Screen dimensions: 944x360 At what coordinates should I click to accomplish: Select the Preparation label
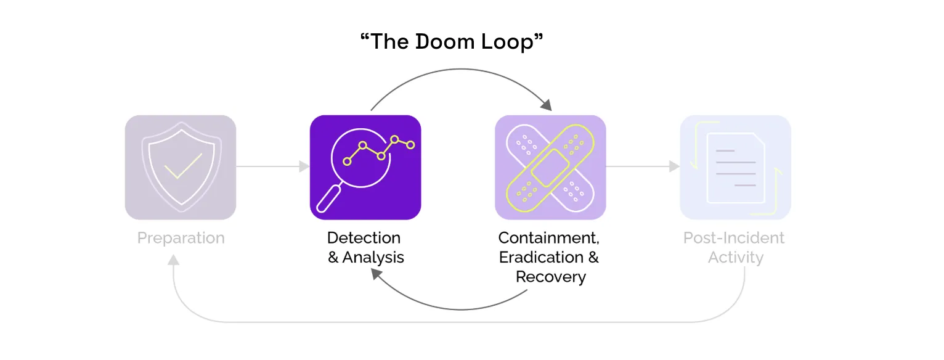pos(181,239)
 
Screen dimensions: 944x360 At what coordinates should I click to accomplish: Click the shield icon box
pos(181,167)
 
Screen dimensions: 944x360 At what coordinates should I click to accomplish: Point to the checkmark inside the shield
pos(183,166)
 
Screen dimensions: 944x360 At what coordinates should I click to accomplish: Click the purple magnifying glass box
pos(365,167)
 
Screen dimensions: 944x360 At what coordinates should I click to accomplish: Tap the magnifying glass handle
pos(328,199)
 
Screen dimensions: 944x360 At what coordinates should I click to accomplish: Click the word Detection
pos(364,238)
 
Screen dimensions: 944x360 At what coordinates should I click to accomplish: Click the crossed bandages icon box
pos(550,167)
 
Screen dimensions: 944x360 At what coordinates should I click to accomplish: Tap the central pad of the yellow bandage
pos(550,168)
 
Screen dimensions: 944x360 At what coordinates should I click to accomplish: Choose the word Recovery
pos(551,277)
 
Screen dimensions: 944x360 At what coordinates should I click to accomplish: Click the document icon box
pos(735,167)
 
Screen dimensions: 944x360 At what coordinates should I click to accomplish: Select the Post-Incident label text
pos(734,238)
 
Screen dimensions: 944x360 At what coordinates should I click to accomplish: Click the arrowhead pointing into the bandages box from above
pos(547,105)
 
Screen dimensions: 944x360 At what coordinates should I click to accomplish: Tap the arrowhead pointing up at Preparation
pos(173,260)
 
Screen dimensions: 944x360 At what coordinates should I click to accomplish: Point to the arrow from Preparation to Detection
pos(273,166)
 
